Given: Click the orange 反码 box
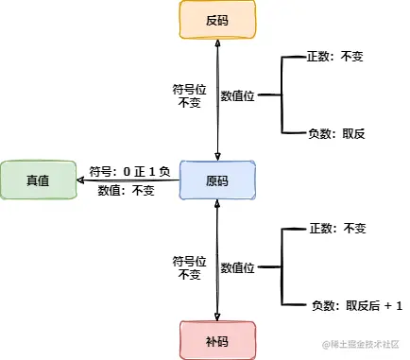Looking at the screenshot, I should pyautogui.click(x=217, y=21).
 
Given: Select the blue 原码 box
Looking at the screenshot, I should pyautogui.click(x=217, y=180).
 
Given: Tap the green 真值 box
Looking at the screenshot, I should pyautogui.click(x=38, y=180).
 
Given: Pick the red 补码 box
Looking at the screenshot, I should pyautogui.click(x=217, y=339).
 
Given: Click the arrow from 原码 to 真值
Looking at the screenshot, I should pyautogui.click(x=132, y=180).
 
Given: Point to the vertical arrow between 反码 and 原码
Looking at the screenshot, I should pyautogui.click(x=218, y=100).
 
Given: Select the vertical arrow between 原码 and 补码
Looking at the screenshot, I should pyautogui.click(x=218, y=259).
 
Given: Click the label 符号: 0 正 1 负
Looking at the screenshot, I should pyautogui.click(x=129, y=171).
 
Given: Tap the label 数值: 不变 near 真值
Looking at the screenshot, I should pyautogui.click(x=126, y=190).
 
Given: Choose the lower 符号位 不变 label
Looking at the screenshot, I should pyautogui.click(x=187, y=267).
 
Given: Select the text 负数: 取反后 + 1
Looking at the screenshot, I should pyautogui.click(x=356, y=305).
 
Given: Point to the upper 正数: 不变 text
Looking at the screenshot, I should pyautogui.click(x=336, y=57).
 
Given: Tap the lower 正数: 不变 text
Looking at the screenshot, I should pyautogui.click(x=336, y=229).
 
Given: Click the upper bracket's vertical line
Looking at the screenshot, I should pyautogui.click(x=282, y=95).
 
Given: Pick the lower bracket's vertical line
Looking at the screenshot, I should pyautogui.click(x=282, y=267).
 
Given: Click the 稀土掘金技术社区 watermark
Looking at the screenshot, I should pyautogui.click(x=361, y=348).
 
